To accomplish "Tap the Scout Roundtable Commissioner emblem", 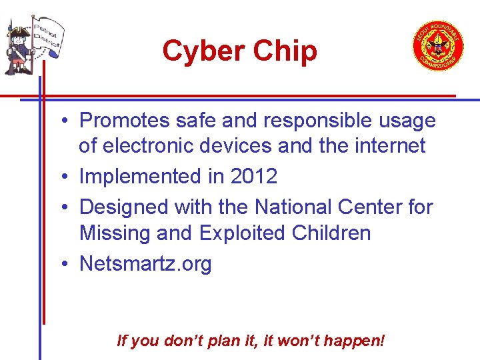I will [x=437, y=46].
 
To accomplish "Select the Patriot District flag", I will [x=45, y=38].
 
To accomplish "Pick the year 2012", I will [x=253, y=177].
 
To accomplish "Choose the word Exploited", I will [x=238, y=233].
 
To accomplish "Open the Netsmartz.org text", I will [x=145, y=264].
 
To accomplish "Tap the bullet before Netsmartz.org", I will [x=61, y=265].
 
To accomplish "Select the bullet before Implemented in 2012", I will [x=61, y=177].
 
